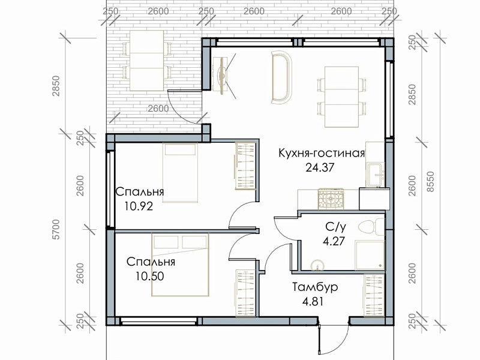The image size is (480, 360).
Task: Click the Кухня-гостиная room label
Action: coord(322,153)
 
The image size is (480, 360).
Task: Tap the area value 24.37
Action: coord(320,167)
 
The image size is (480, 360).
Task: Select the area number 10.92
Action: coord(139,206)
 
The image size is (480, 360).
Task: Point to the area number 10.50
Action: coord(150,276)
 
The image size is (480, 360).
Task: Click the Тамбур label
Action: coord(315,287)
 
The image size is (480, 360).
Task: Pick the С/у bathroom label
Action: coord(336,227)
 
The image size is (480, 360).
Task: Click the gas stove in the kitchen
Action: coord(331,199)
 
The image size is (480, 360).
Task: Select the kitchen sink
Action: coord(375,175)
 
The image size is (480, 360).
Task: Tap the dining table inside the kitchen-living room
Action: coord(341,97)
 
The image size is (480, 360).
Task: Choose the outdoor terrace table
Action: coord(147,61)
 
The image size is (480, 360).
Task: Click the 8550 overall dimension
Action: coord(430,182)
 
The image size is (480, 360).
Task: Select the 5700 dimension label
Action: coord(56,229)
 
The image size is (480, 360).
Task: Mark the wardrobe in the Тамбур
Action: coord(374,295)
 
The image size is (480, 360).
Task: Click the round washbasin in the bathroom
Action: coord(317,265)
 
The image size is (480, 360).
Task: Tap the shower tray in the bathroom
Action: coord(370,255)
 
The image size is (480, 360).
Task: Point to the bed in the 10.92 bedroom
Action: coord(181,173)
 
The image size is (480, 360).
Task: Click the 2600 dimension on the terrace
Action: coord(158,109)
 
